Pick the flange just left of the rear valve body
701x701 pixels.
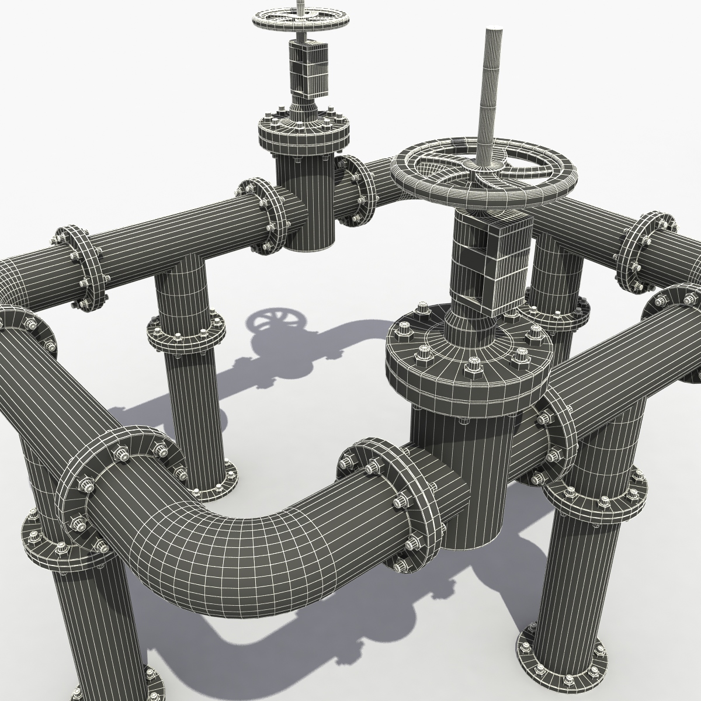point(263,216)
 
